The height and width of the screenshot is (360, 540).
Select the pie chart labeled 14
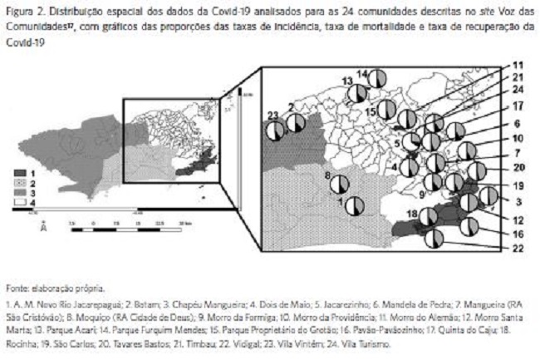(x=376, y=79)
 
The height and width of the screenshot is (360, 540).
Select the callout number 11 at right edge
(x=518, y=65)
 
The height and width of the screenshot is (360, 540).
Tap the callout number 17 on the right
(x=518, y=106)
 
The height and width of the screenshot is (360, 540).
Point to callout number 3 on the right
(x=518, y=201)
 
